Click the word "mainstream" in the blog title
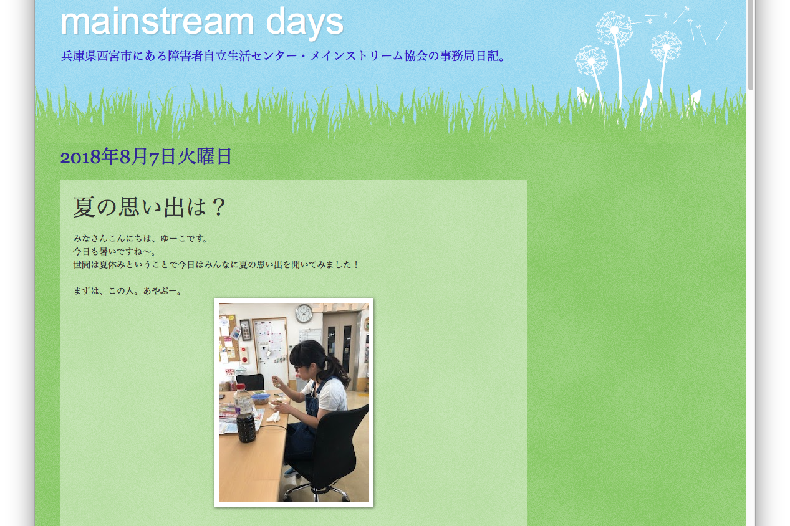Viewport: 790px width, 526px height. (157, 22)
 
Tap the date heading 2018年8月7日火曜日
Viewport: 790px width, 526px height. (146, 156)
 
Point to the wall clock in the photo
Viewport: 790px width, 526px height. (304, 313)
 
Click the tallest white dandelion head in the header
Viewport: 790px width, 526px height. (614, 29)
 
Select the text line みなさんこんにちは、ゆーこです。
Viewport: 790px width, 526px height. (141, 238)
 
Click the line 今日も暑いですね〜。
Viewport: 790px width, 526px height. (115, 251)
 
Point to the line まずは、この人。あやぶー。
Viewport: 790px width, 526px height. (128, 291)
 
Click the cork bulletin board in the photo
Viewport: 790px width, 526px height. (228, 338)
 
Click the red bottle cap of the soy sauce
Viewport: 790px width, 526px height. (241, 387)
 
